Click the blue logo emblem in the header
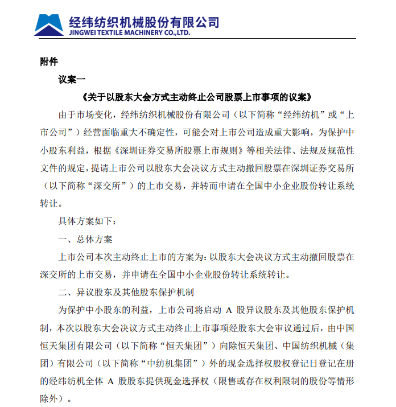tap(49, 23)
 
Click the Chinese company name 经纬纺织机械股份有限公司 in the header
tap(143, 22)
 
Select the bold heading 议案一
tap(71, 79)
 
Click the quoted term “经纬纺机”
tap(302, 114)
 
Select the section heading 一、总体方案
tap(85, 239)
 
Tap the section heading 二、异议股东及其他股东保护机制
tap(126, 293)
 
